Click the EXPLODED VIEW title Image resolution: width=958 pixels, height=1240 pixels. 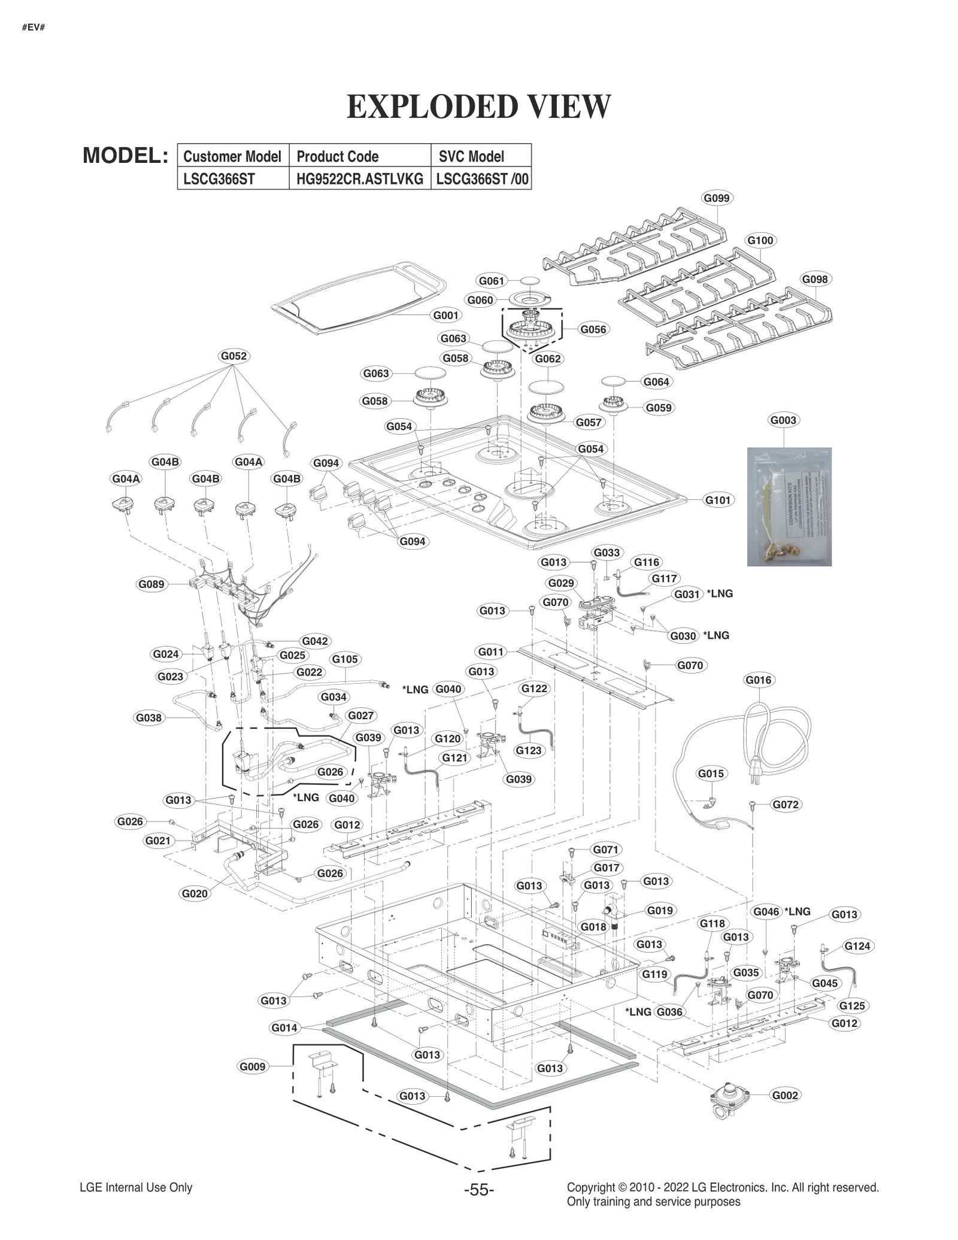point(478,107)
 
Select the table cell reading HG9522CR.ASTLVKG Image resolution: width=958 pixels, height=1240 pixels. point(359,179)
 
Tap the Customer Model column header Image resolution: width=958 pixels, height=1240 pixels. point(232,156)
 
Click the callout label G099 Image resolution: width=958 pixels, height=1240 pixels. point(717,198)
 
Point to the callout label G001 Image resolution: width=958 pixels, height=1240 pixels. point(445,316)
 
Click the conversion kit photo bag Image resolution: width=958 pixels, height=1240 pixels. point(789,507)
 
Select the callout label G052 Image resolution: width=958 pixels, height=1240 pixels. point(234,356)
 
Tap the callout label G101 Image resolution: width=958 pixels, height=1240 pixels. point(718,500)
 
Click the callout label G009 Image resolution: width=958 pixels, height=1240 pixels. point(252,1066)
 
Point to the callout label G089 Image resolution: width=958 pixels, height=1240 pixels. point(151,584)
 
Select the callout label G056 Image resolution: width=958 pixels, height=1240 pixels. point(593,329)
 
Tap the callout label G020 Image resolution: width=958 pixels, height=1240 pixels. point(194,894)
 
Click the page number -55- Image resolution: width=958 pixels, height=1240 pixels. point(478,1190)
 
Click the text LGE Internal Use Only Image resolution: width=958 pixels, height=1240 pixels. point(136,1187)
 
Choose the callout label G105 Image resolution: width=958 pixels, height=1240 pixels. point(345,659)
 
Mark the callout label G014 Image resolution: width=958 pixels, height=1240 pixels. point(284,1028)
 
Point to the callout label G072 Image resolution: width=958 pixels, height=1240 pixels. point(785,805)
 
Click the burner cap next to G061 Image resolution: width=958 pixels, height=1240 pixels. point(529,280)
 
